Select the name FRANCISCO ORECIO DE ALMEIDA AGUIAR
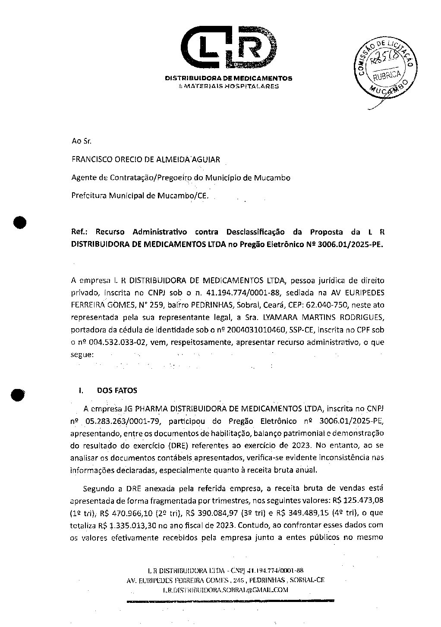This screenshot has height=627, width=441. pos(145,159)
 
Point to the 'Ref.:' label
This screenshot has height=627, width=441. pos(80,232)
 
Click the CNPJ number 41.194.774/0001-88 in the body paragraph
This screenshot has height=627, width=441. pos(238,292)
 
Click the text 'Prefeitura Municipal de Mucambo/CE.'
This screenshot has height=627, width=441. pos(139,196)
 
